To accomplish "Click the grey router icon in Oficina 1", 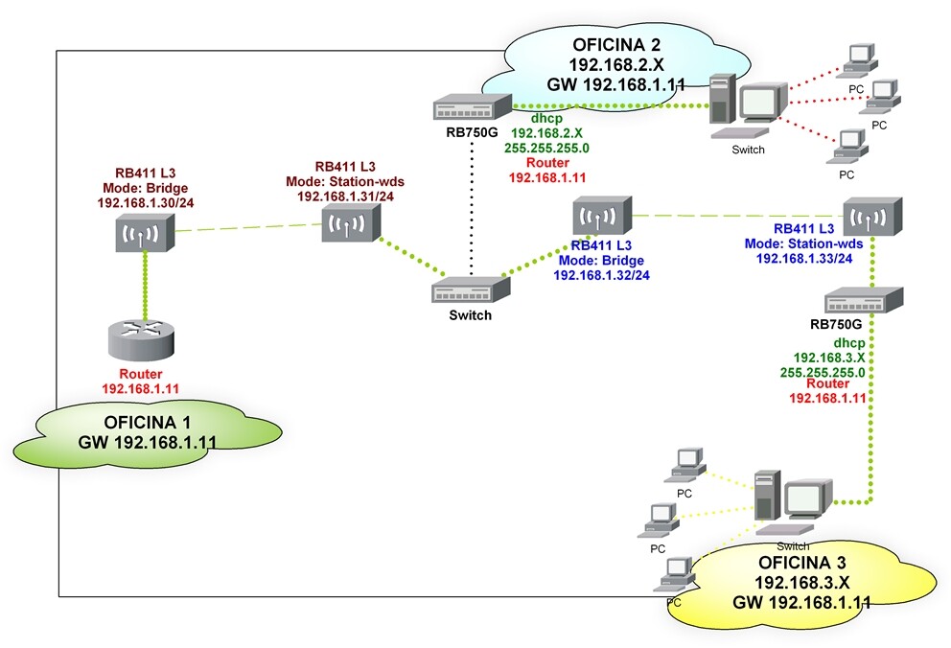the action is pyautogui.click(x=141, y=340).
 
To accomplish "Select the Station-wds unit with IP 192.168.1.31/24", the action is pyautogui.click(x=351, y=221).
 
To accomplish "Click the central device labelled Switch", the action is pyautogui.click(x=471, y=289).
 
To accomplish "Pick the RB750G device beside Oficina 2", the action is pyautogui.click(x=473, y=106).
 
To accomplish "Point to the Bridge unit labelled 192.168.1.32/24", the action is pyautogui.click(x=602, y=215).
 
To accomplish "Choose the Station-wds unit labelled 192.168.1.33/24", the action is pyautogui.click(x=872, y=217).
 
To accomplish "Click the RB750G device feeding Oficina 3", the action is pyautogui.click(x=864, y=301).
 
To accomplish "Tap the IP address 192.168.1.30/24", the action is pyautogui.click(x=146, y=203).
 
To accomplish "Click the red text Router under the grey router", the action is pyautogui.click(x=141, y=374).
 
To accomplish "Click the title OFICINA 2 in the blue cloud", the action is pyautogui.click(x=616, y=45).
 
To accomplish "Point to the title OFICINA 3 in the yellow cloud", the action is pyautogui.click(x=801, y=563).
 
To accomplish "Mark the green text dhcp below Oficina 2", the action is pyautogui.click(x=546, y=118).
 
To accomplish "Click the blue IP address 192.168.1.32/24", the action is pyautogui.click(x=602, y=275).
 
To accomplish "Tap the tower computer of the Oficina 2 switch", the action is pyautogui.click(x=722, y=99).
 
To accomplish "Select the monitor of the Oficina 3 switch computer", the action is pyautogui.click(x=808, y=498).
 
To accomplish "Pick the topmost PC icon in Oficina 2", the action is pyautogui.click(x=858, y=59).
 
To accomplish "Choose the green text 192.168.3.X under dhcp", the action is pyautogui.click(x=829, y=358).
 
